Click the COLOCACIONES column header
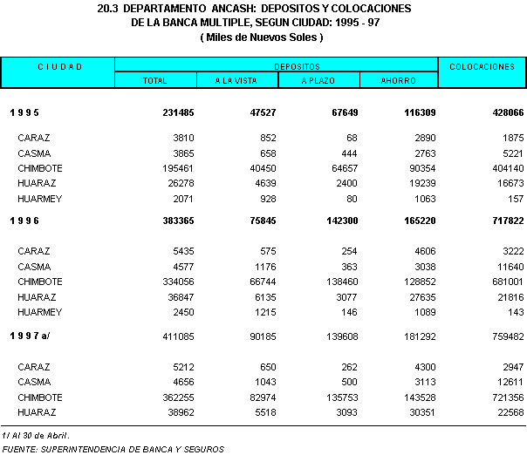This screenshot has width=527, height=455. pos(482,66)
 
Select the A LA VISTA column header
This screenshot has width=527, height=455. pos(237,81)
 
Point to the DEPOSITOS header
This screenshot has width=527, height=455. pos(275,66)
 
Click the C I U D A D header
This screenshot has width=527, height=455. pos(59,66)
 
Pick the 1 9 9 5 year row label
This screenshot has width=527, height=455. pos(24,113)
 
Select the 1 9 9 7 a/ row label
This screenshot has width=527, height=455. pos(31,335)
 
